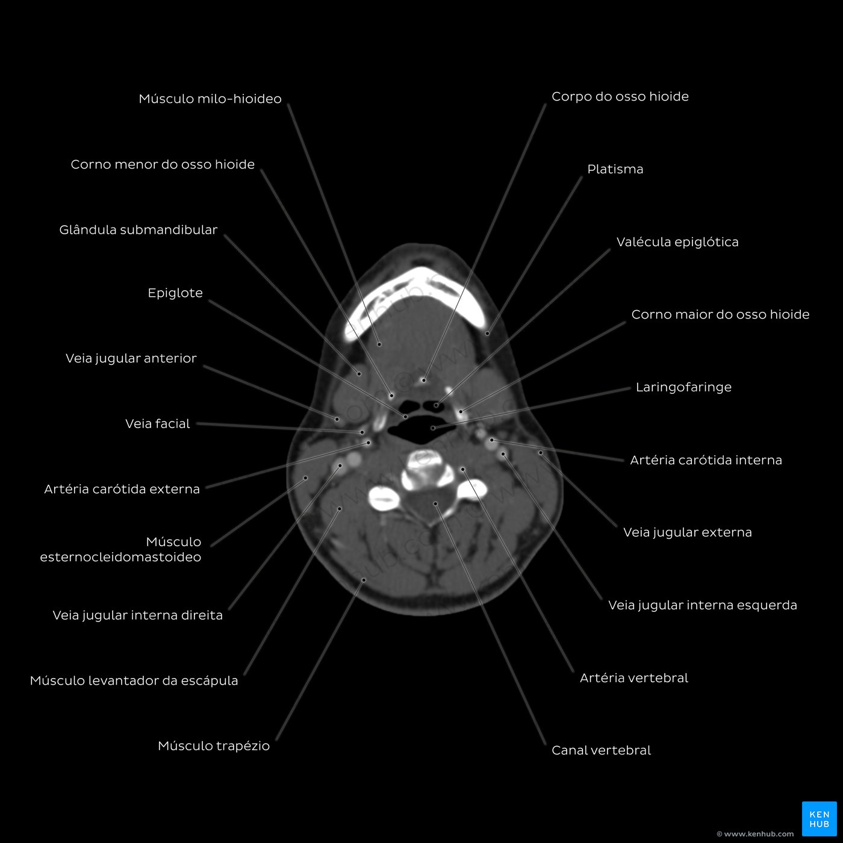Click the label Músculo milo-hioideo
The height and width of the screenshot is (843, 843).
tap(210, 99)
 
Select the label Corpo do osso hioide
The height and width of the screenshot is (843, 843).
tap(620, 97)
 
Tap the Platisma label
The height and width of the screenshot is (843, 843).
tap(615, 169)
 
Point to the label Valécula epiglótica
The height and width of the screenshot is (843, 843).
tap(677, 242)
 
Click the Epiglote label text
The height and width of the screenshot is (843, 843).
tap(175, 293)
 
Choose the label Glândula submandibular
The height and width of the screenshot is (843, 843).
tap(138, 230)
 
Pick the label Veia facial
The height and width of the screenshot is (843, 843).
tap(158, 423)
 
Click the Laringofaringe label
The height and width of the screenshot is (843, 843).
tap(683, 388)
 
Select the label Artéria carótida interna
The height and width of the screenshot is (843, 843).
tap(706, 460)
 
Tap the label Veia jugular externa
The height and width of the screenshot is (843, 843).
tap(687, 533)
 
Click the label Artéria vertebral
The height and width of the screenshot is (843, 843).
tap(634, 678)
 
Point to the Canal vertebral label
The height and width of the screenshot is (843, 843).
tap(601, 751)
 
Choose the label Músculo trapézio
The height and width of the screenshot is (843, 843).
tap(214, 746)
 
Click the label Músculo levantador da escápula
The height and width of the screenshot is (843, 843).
tap(134, 680)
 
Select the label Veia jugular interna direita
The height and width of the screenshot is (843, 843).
tap(137, 615)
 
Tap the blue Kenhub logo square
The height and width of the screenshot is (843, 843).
tap(819, 819)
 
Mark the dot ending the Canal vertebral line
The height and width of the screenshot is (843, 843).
tap(435, 503)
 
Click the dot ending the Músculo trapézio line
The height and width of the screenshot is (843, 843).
tap(364, 580)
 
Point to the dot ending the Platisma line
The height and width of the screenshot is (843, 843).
tap(487, 334)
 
